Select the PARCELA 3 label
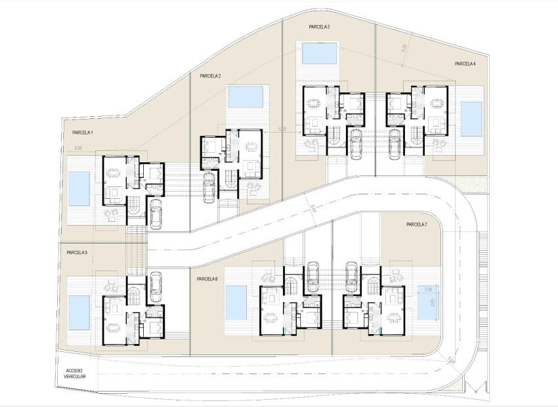[x=319, y=27]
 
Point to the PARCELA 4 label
[x=465, y=64]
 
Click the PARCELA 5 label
[x=77, y=253]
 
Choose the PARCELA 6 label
[x=207, y=279]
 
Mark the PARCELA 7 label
[x=416, y=225]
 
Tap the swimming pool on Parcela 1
[x=79, y=188]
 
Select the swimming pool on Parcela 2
[x=246, y=96]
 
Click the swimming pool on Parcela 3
[x=320, y=53]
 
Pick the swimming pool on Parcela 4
[x=471, y=119]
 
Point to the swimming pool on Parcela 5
[x=79, y=312]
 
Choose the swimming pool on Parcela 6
[x=236, y=303]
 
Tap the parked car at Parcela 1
[x=156, y=213]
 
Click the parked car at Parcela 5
[x=156, y=286]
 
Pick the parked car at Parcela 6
[x=313, y=275]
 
